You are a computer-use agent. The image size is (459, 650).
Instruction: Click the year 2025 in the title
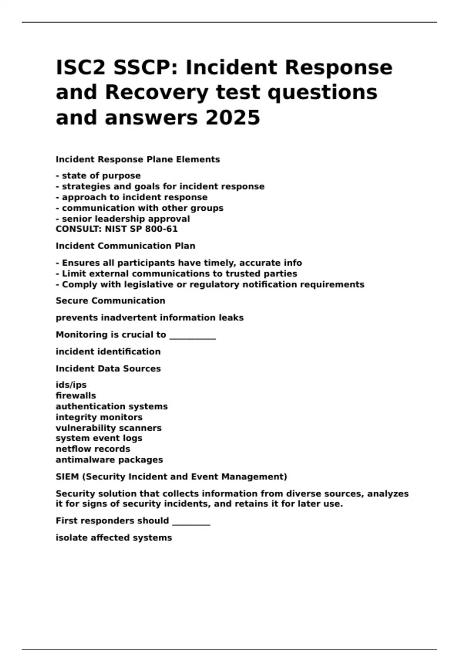[x=233, y=117]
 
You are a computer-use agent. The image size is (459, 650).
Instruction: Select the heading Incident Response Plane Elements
[x=138, y=159]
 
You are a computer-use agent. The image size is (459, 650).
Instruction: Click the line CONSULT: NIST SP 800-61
[x=117, y=229]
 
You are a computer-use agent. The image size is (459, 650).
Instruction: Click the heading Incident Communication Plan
[x=125, y=246]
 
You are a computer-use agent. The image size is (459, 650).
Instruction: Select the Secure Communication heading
[x=111, y=301]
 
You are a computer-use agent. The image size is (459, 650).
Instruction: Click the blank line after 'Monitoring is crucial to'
[x=192, y=336]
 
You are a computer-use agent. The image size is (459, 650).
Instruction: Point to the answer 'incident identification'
[x=108, y=351]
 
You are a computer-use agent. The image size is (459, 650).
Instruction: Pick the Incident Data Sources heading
[x=108, y=369]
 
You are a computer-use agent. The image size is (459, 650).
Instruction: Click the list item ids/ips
[x=71, y=385]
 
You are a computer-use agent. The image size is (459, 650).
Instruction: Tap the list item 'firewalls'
[x=76, y=395]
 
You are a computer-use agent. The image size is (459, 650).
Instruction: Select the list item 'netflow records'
[x=93, y=449]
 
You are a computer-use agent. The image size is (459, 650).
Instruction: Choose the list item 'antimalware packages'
[x=109, y=460]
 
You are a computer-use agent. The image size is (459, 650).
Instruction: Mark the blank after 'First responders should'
[x=191, y=522]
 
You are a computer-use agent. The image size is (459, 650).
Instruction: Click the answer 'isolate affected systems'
[x=114, y=538]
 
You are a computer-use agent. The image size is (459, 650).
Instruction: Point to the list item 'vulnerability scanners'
[x=109, y=428]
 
